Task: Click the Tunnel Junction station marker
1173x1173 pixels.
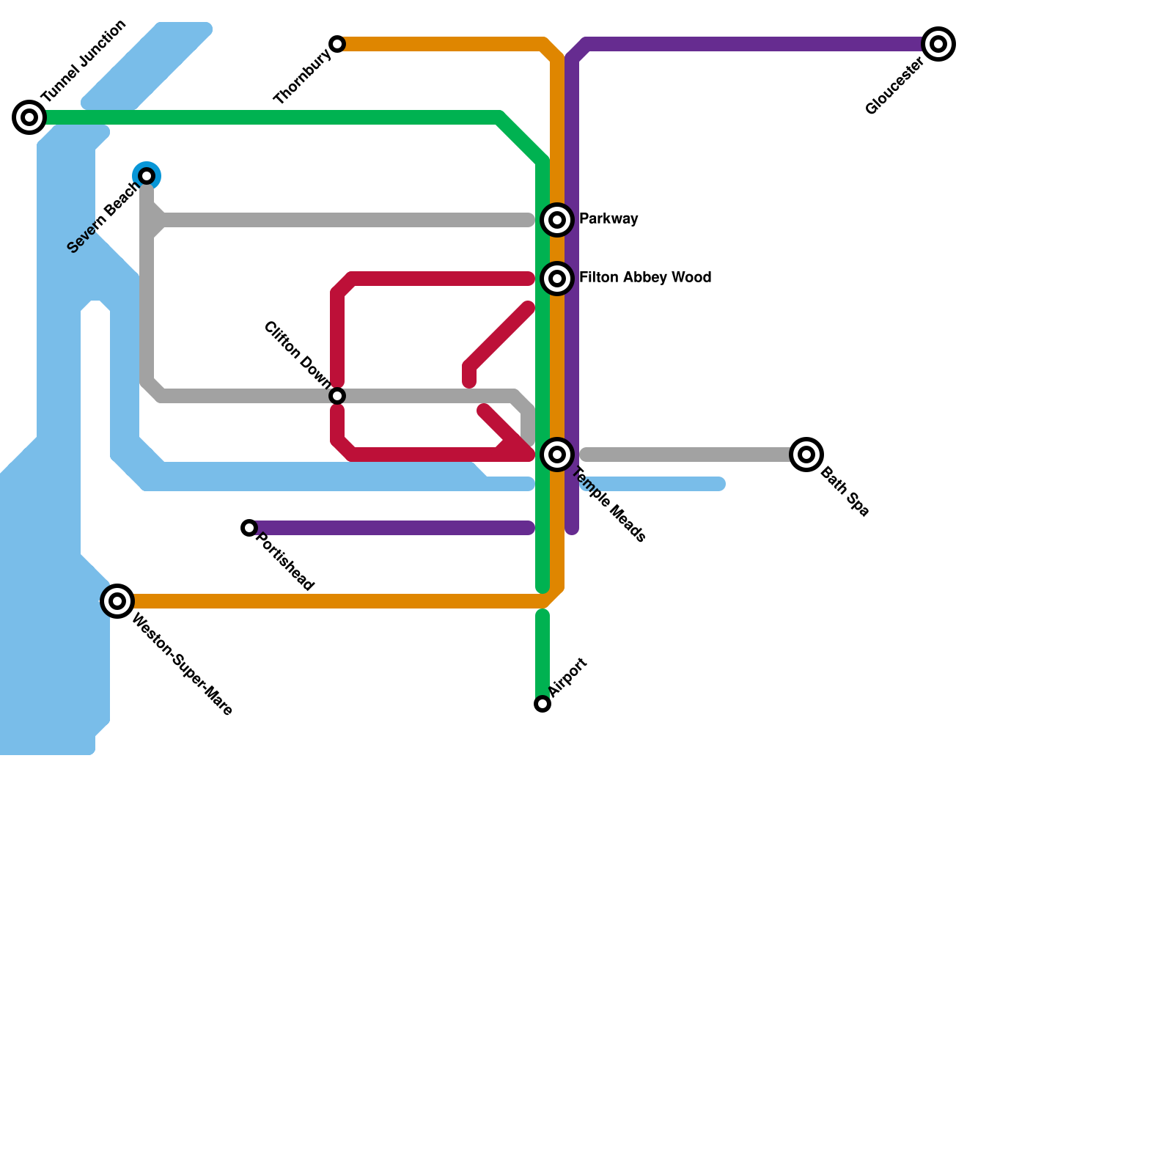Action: pos(29,117)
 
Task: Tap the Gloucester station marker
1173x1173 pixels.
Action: pos(938,44)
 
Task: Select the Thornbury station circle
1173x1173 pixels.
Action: pos(337,44)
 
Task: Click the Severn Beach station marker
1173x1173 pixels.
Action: pos(147,176)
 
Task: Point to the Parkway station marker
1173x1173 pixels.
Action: pos(557,220)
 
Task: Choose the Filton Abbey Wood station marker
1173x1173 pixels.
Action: pos(557,279)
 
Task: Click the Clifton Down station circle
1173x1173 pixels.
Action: pos(337,396)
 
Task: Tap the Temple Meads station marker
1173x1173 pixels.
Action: pos(557,455)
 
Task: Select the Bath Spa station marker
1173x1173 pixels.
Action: pos(806,455)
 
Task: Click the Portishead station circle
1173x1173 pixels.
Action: pos(249,528)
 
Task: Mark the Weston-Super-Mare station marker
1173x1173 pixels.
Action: pos(117,601)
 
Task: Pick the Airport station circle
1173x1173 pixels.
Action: pos(543,704)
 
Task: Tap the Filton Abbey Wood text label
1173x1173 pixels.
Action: pos(644,278)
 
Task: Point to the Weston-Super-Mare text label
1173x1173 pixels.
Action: pos(182,664)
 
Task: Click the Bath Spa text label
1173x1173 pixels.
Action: pos(844,492)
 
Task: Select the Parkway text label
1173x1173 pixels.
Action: pos(608,219)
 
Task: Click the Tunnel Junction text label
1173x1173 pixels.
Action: pos(84,62)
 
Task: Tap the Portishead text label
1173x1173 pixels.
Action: pos(285,561)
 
